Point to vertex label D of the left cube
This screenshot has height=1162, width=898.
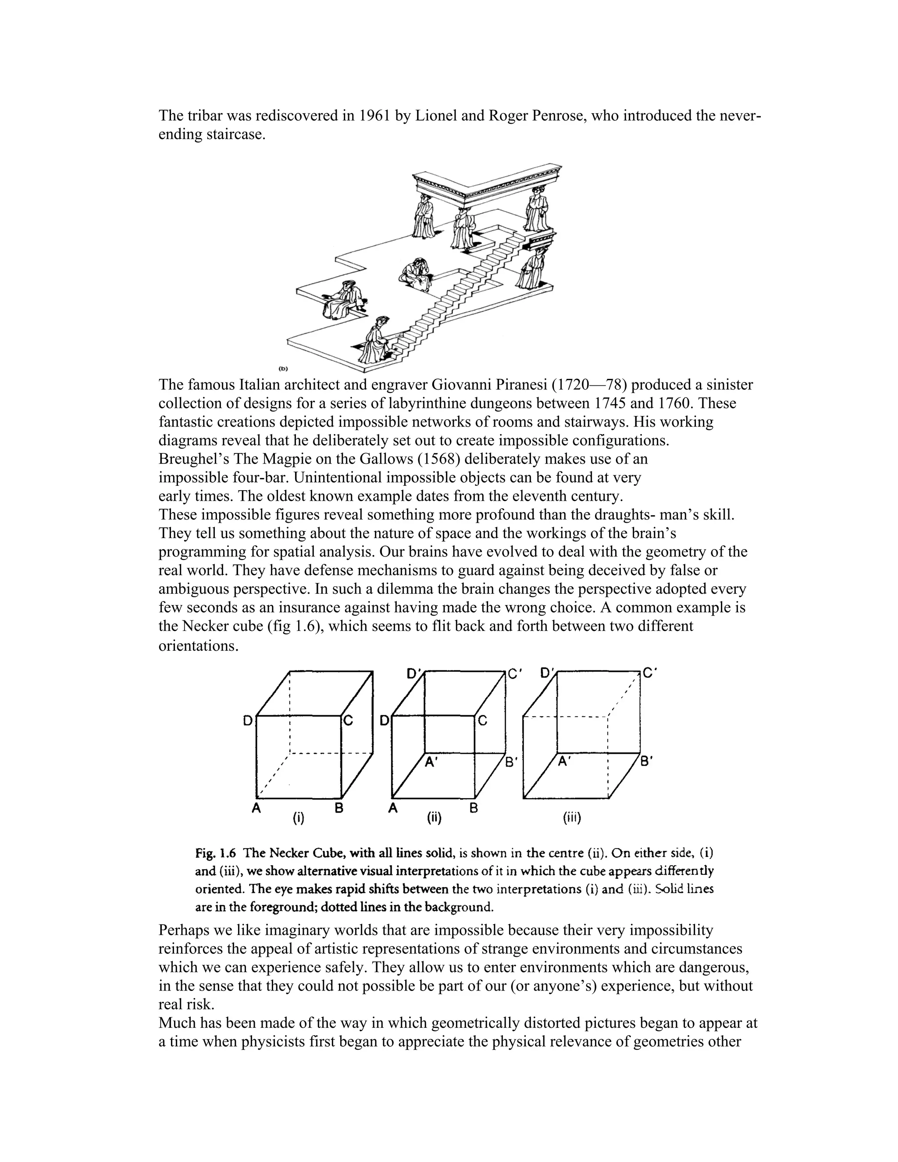coord(248,721)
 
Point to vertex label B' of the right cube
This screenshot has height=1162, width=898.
coord(646,761)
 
